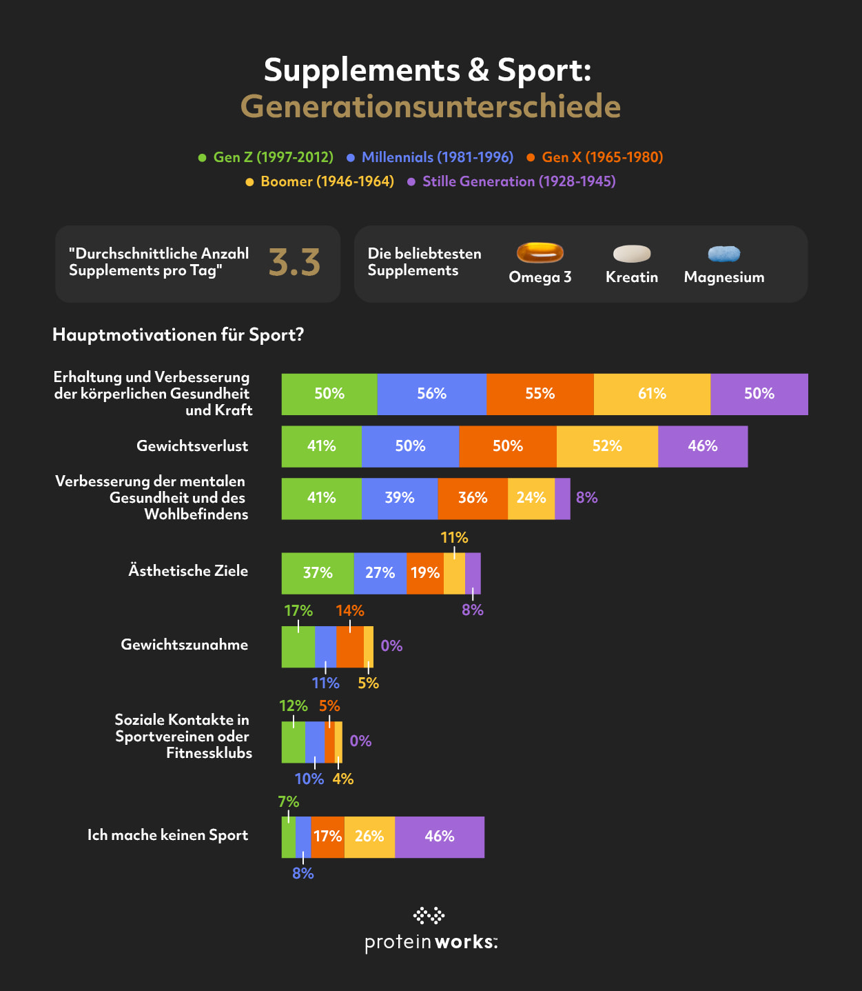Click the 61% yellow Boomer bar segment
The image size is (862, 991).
click(x=652, y=394)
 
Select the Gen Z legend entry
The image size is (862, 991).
click(x=266, y=157)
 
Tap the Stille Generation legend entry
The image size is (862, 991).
click(x=511, y=181)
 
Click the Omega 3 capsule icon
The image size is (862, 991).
click(x=540, y=253)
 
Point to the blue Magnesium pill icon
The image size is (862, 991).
click(x=724, y=254)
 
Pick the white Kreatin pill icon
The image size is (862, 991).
click(x=632, y=254)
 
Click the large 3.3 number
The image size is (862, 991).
click(x=294, y=263)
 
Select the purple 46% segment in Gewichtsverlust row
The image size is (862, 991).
click(x=703, y=446)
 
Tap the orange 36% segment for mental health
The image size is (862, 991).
click(x=473, y=498)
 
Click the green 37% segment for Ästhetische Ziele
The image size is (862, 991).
click(x=318, y=573)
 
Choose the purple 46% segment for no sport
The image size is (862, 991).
click(x=440, y=837)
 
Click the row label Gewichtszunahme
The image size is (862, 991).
click(x=184, y=645)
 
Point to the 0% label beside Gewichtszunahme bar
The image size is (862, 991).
click(x=391, y=646)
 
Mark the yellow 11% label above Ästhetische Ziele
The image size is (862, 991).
click(x=454, y=538)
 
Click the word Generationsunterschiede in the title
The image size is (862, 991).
click(x=431, y=106)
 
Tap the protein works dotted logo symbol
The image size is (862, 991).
click(x=429, y=916)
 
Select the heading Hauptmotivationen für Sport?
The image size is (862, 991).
click(x=178, y=335)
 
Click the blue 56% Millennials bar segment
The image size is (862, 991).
click(x=431, y=394)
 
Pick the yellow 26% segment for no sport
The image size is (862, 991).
click(x=369, y=837)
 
